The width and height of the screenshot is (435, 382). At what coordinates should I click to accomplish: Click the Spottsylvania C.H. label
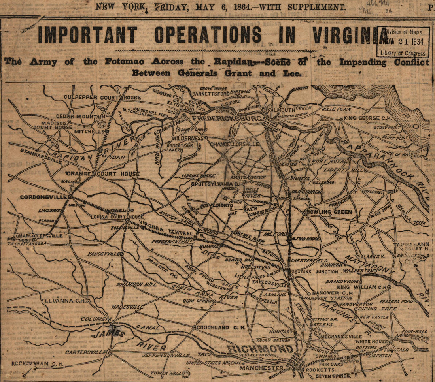coord(217,184)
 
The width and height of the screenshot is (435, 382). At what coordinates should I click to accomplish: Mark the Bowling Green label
coord(329,212)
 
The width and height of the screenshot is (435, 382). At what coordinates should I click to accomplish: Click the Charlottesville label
coord(39,236)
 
